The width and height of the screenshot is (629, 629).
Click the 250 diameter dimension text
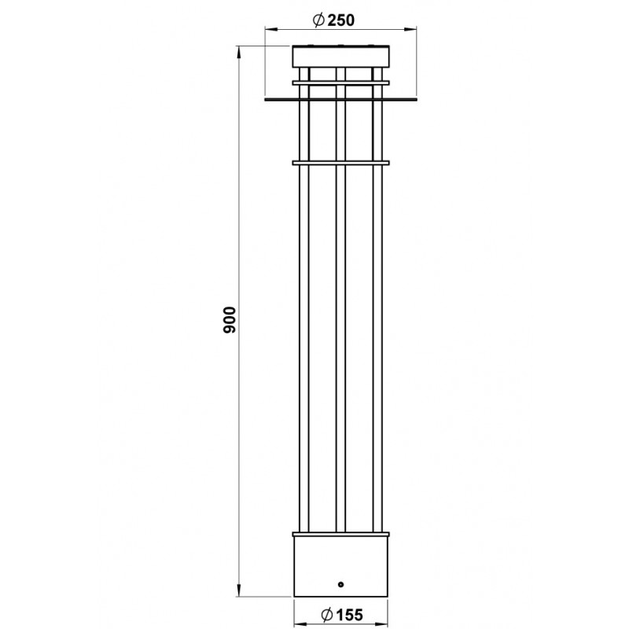[x=341, y=20]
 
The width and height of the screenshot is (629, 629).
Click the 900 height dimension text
[x=230, y=320]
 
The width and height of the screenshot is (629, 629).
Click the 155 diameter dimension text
[x=349, y=615]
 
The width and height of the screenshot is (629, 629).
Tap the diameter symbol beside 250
[x=318, y=20]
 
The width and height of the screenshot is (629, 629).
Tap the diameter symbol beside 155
[x=327, y=615]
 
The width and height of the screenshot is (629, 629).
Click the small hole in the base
[x=340, y=584]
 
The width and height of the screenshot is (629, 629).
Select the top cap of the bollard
[x=340, y=56]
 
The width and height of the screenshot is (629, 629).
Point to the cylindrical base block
[x=340, y=566]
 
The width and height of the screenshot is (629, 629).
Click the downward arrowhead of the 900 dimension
[x=239, y=590]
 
